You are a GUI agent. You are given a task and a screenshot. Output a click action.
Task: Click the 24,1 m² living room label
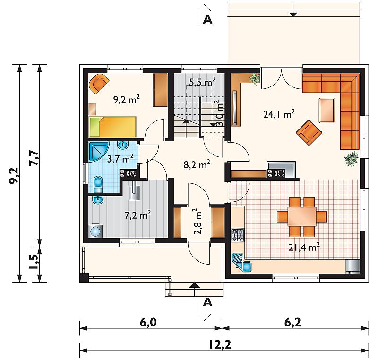pyautogui.click(x=279, y=114)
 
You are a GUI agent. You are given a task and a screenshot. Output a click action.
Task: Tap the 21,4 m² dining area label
pyautogui.click(x=304, y=247)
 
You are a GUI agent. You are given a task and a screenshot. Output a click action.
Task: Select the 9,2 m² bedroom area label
pyautogui.click(x=126, y=99)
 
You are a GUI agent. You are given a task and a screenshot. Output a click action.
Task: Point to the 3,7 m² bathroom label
pyautogui.click(x=120, y=159)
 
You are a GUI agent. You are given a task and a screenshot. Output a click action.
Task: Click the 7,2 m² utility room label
pyautogui.click(x=137, y=214)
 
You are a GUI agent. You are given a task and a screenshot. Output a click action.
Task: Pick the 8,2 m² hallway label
pyautogui.click(x=197, y=164)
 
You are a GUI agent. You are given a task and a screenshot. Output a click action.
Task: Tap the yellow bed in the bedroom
pyautogui.click(x=112, y=127)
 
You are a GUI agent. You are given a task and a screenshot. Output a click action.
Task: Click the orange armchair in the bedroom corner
pyautogui.click(x=99, y=83)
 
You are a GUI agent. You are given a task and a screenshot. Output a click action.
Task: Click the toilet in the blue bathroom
pyautogui.click(x=98, y=185)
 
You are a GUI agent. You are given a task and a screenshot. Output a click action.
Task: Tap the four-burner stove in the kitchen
pyautogui.click(x=238, y=235)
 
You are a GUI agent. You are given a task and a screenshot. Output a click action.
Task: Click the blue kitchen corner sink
pyautogui.click(x=241, y=263)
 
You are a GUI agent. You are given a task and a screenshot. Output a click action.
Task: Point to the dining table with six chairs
pyautogui.click(x=302, y=216)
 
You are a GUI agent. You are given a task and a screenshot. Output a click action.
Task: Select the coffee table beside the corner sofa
pyautogui.click(x=327, y=111)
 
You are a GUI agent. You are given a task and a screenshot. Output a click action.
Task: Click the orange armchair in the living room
pyautogui.click(x=309, y=133)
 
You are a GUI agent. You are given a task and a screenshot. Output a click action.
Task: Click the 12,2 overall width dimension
pyautogui.click(x=220, y=345)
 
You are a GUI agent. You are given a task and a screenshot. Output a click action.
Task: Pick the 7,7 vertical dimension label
pyautogui.click(x=34, y=157)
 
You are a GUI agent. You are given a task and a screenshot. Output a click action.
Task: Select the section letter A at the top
pyautogui.click(x=207, y=19)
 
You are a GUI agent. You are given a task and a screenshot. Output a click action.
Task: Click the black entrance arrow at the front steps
pyautogui.click(x=194, y=285)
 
